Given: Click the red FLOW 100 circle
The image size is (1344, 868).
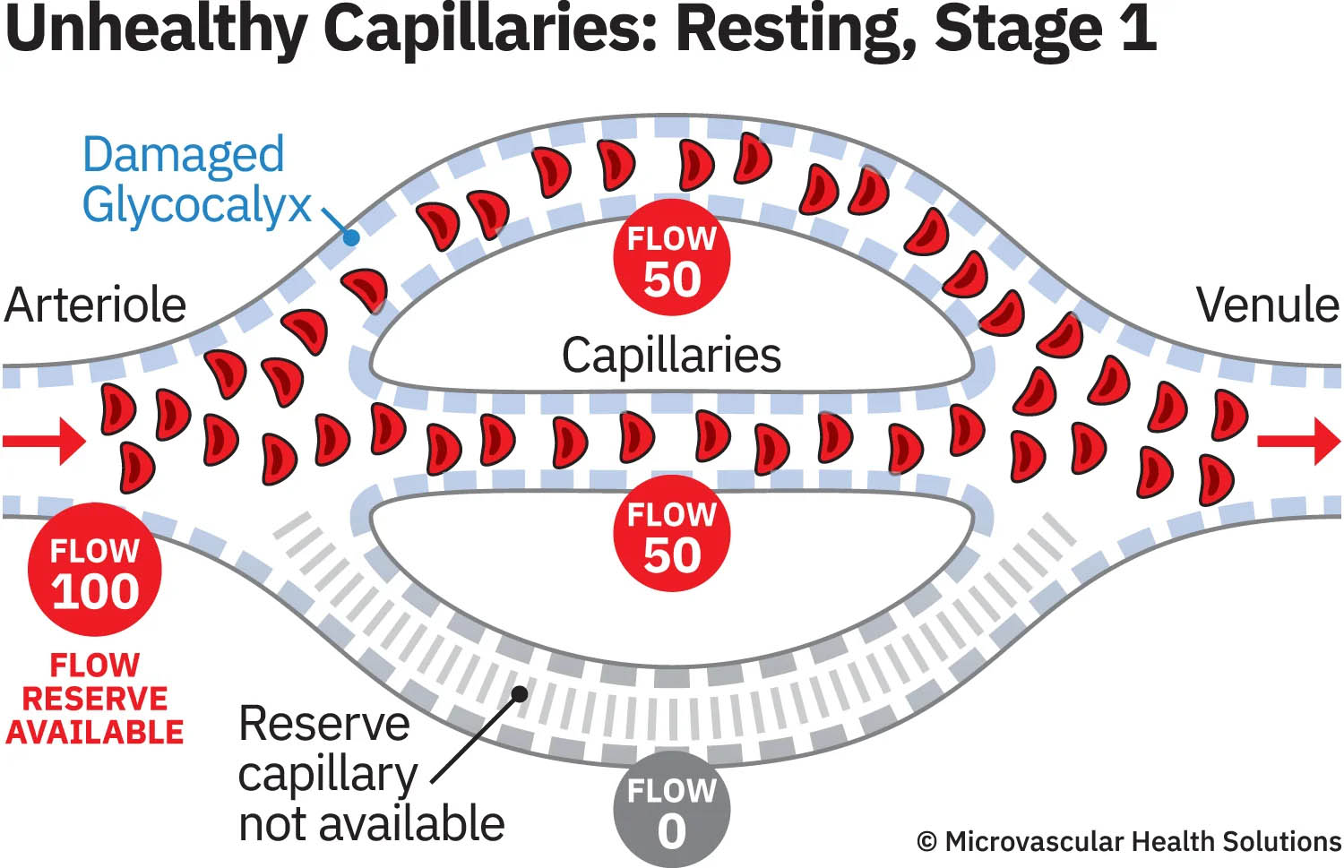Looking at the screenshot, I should point(95,570).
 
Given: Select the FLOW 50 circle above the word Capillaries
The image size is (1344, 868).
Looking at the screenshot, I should point(672,258).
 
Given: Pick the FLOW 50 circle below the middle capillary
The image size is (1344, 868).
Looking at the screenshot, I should point(672,534).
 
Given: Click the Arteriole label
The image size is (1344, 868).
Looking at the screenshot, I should point(95,305).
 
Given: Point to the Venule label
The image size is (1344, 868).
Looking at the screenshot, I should point(1267,305).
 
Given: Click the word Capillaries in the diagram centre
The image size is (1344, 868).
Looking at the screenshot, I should point(671,356).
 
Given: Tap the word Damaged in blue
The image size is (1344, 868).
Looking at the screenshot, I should point(184,155).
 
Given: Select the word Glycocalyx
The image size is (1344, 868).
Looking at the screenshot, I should point(196,206).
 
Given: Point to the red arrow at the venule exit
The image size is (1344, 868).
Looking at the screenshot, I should point(1298,441).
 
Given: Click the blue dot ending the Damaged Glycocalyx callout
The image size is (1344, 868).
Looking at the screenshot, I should point(351,237).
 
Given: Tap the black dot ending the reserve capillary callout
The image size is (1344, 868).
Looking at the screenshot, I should point(519,692).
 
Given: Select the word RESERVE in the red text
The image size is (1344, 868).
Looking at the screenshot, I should point(95,699).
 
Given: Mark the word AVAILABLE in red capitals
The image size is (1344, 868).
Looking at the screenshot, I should point(95,733).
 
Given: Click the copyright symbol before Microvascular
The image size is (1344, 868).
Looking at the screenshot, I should point(927,842).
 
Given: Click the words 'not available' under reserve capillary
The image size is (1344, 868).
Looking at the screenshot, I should point(372,824).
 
